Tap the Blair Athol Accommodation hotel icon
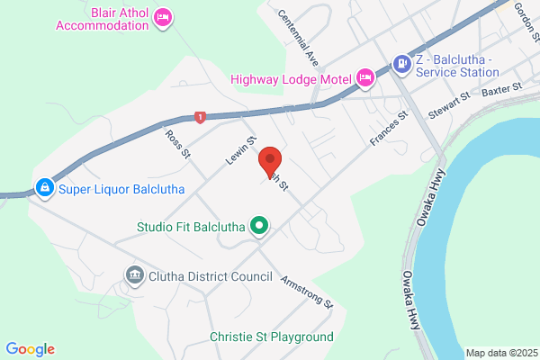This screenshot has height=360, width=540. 163,17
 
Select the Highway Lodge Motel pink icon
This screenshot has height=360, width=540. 365,78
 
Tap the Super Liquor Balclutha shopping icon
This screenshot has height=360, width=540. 42,188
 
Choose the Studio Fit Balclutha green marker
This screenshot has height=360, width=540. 260,225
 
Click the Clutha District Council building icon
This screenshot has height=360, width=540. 135,274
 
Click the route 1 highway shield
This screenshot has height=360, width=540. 200,117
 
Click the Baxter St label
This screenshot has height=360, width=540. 502,90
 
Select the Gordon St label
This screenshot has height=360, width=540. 523,12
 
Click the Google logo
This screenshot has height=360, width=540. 31,348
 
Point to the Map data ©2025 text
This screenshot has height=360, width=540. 499,353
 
